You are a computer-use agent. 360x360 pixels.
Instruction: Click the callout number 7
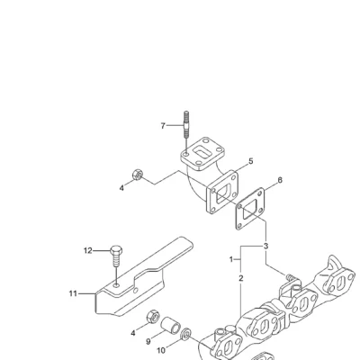[163, 126]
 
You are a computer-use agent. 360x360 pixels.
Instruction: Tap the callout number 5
[251, 161]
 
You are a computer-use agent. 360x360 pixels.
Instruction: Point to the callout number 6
[280, 180]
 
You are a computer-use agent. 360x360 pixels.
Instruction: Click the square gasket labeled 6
[249, 209]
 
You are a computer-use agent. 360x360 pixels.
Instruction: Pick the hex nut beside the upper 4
[138, 175]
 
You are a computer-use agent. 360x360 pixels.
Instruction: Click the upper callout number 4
[121, 188]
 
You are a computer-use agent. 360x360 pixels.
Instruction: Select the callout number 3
[265, 247]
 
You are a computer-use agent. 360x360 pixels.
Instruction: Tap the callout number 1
[231, 259]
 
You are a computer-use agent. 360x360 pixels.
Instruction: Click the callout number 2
[241, 278]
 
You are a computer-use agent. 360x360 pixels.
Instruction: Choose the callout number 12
[87, 250]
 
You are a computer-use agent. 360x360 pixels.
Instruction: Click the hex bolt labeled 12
[116, 256]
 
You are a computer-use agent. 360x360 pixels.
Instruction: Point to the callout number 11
[73, 293]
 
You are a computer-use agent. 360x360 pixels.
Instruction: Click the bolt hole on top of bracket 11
[116, 284]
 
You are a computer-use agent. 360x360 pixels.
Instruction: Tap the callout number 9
[148, 341]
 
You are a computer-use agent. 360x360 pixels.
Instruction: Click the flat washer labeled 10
[187, 334]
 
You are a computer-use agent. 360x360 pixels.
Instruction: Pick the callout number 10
[161, 350]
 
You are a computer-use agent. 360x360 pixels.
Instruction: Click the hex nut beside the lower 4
[153, 317]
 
